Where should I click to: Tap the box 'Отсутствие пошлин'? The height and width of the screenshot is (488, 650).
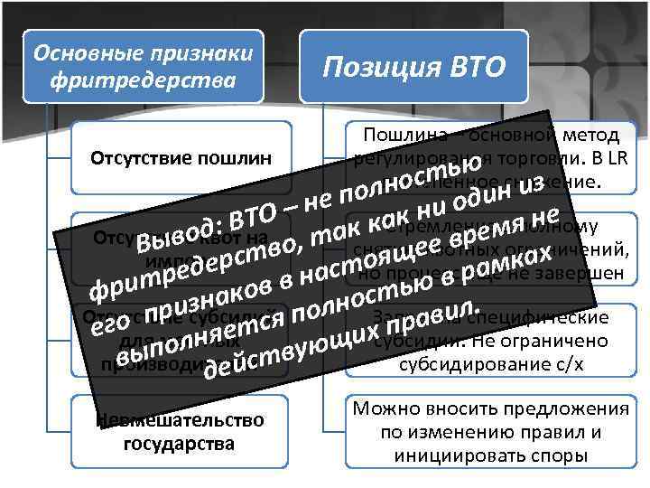tap(181, 159)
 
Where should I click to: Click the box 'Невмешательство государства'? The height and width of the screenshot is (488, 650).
tap(181, 431)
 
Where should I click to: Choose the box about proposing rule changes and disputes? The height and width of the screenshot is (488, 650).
tap(491, 432)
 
